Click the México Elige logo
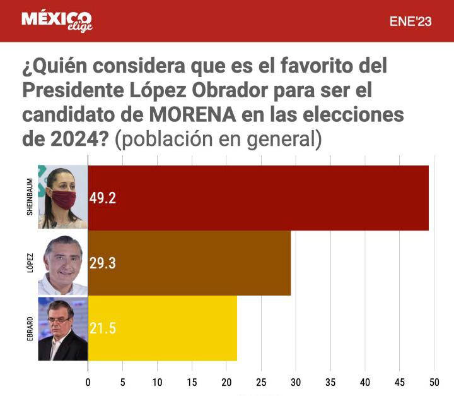pos(57,21)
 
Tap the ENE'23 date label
pos(410,21)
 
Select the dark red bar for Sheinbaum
pos(258,198)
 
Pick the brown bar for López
pos(189,263)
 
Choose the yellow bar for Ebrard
pos(162,328)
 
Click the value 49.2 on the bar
pos(103,198)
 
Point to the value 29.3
pos(103,263)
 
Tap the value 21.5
pos(103,328)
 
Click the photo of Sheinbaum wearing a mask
pos(62,197)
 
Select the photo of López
pos(62,263)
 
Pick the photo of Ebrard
pos(62,328)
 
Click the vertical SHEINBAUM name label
pos(30,197)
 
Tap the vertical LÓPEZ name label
pos(30,263)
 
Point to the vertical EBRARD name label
pos(30,328)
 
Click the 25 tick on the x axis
pos(261,383)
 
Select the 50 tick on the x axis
pos(434,383)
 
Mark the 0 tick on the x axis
pos(88,383)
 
